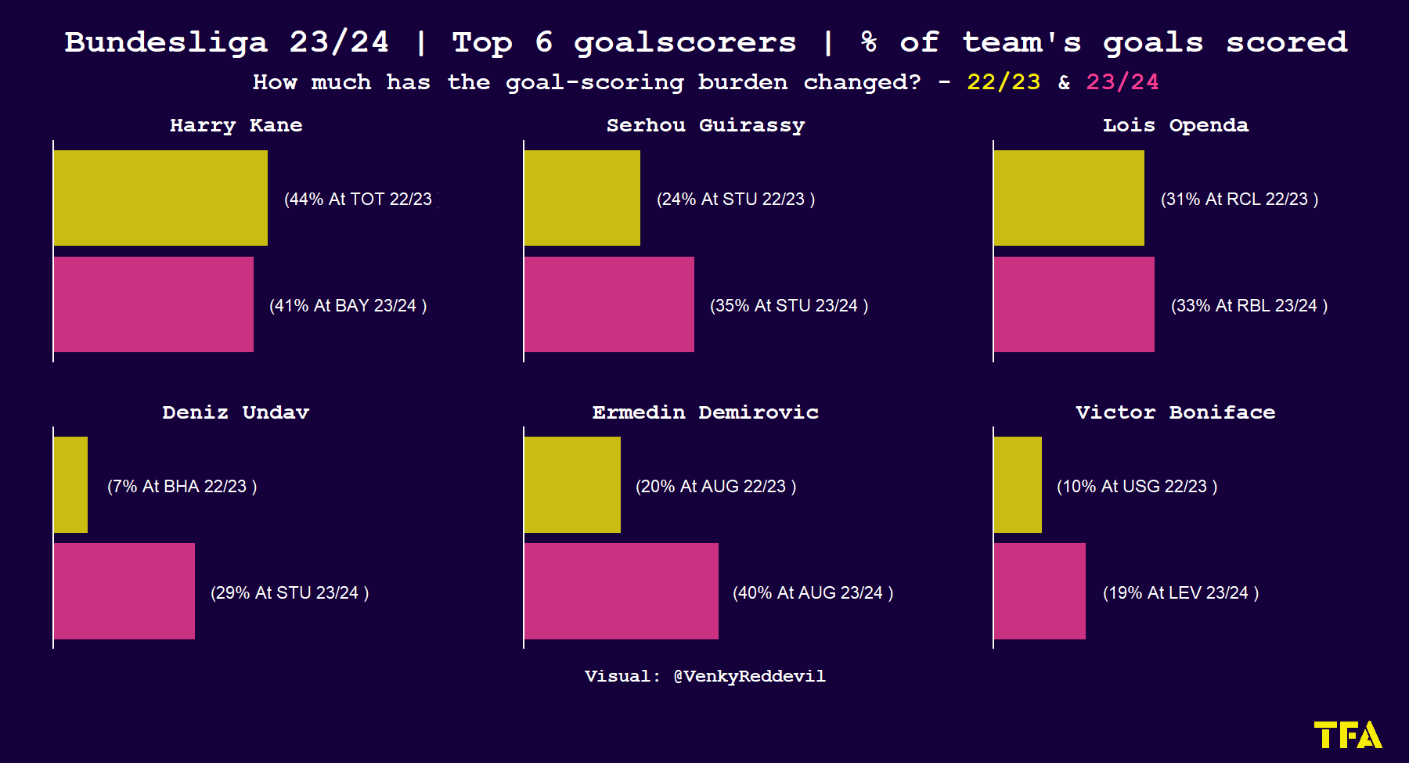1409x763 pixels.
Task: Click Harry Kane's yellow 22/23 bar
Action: [x=160, y=198]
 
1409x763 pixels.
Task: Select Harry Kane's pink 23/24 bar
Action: [x=153, y=304]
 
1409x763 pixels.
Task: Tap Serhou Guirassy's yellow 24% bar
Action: [x=582, y=198]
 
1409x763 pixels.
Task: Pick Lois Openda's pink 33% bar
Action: [x=1074, y=304]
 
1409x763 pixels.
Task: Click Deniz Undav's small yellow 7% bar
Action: [x=70, y=485]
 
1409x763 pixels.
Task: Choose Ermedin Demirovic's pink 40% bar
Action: [x=622, y=592]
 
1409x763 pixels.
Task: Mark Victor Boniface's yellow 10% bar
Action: [x=1018, y=485]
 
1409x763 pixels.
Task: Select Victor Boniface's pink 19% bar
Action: [x=1040, y=592]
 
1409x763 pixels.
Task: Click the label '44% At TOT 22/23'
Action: [x=358, y=200]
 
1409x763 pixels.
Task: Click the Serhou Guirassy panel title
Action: [x=705, y=125]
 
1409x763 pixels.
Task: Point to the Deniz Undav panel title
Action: [x=236, y=412]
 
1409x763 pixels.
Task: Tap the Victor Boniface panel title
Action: [x=1176, y=412]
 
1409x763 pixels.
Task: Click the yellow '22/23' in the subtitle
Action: [x=1004, y=82]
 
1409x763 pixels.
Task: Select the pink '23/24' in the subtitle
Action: [x=1123, y=82]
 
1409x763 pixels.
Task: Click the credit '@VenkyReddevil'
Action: [x=749, y=676]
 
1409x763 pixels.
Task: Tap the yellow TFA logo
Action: [x=1348, y=735]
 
